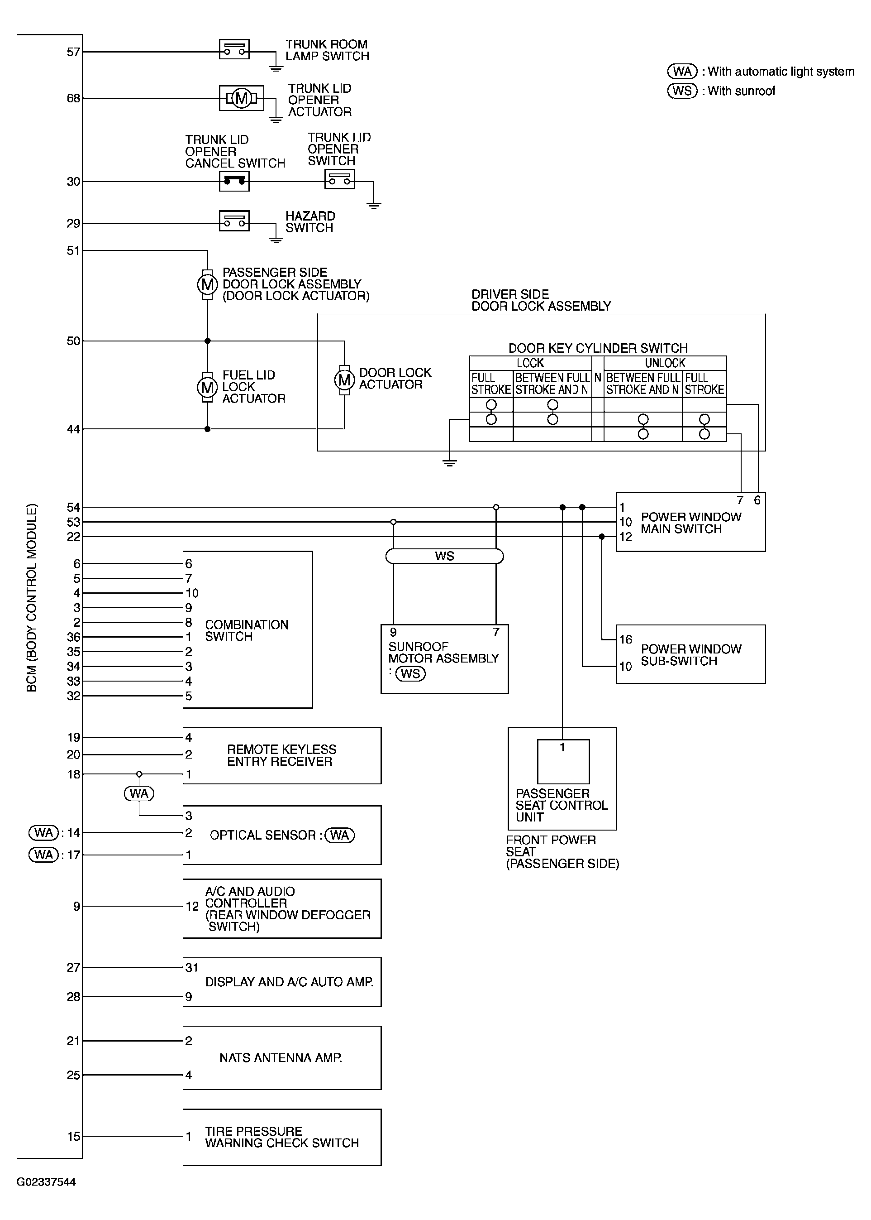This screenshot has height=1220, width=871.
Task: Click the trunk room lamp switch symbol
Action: tap(234, 49)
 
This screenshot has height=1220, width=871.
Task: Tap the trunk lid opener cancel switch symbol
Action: tap(234, 182)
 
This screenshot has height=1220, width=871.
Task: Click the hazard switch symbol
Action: tap(234, 221)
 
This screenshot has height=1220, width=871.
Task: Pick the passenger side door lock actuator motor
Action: tap(208, 284)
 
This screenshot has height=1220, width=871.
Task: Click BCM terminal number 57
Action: tap(73, 52)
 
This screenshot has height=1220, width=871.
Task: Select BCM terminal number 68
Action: tap(73, 98)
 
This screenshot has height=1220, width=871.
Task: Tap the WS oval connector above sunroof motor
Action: tap(445, 556)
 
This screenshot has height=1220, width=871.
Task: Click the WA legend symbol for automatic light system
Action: tap(682, 72)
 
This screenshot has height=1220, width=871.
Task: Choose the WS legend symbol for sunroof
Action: tap(682, 91)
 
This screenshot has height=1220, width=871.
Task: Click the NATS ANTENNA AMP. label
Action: tap(281, 1058)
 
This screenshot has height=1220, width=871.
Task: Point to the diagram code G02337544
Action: tap(46, 1182)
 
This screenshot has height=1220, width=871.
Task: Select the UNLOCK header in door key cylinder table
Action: tap(665, 363)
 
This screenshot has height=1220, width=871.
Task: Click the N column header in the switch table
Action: tap(597, 378)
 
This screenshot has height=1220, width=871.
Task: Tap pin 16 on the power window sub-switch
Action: tap(626, 639)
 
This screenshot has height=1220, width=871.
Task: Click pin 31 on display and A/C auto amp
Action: tap(192, 968)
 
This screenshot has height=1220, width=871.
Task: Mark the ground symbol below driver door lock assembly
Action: tap(449, 462)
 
